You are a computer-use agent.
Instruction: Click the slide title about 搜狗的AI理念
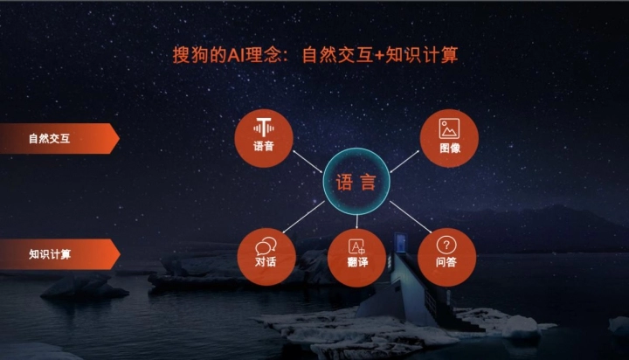click(315, 55)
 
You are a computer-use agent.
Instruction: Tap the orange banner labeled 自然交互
click(59, 138)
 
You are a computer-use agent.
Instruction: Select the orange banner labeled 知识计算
click(59, 254)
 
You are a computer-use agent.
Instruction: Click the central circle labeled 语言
click(356, 182)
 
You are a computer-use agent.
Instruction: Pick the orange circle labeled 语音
click(264, 138)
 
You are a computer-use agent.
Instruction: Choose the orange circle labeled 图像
click(449, 138)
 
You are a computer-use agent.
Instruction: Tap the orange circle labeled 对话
click(266, 257)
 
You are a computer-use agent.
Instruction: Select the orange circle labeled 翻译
click(357, 258)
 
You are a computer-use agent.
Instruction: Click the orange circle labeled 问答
click(447, 257)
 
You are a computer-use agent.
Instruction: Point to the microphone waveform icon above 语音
click(264, 128)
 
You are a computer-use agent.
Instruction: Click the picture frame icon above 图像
click(449, 128)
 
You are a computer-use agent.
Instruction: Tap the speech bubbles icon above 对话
click(266, 246)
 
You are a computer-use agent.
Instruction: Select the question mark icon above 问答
click(446, 245)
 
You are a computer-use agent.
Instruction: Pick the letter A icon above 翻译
click(356, 246)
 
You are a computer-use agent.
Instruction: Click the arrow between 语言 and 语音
click(308, 162)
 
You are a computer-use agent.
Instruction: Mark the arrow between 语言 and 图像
click(404, 162)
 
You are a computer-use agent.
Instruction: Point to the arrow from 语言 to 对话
click(303, 217)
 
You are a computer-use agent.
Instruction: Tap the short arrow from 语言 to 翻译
click(356, 222)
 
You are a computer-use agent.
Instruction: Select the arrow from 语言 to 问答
click(411, 217)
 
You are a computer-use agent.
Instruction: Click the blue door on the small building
click(400, 243)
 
